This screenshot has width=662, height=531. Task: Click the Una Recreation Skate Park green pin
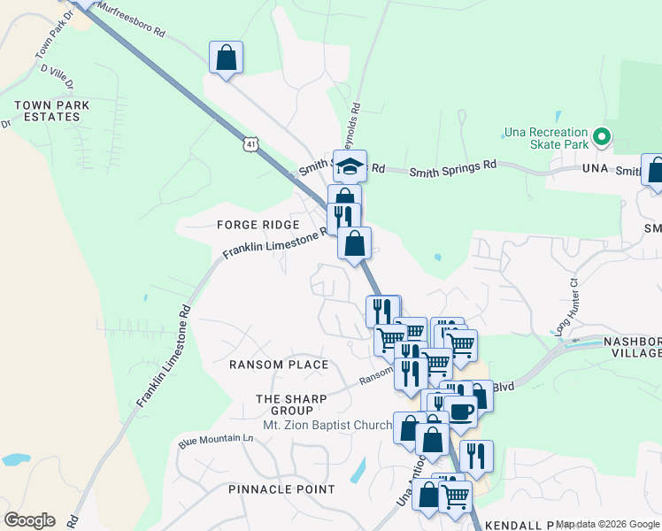[x=602, y=137]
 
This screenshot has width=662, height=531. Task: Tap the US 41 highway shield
[x=252, y=143]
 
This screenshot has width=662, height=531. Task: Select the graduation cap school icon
[x=350, y=165]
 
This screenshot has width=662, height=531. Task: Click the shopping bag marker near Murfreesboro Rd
[x=227, y=58]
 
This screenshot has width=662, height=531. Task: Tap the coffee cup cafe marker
[x=460, y=411]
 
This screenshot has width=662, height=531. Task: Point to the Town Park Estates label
[x=45, y=111]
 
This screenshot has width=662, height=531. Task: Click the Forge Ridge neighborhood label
[x=258, y=225]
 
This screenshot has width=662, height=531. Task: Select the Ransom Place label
[x=279, y=365]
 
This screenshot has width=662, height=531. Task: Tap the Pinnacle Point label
[x=281, y=489]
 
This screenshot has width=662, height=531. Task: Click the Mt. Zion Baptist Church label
[x=327, y=426]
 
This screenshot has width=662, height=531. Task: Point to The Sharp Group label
[x=291, y=404]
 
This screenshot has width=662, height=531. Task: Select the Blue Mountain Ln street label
[x=215, y=440]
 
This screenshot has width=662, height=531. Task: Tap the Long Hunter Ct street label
[x=567, y=305]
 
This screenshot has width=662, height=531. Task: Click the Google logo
[x=29, y=520]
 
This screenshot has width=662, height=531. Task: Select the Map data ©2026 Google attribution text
[x=607, y=524]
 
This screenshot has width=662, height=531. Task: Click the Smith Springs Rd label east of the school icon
[x=452, y=165]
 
